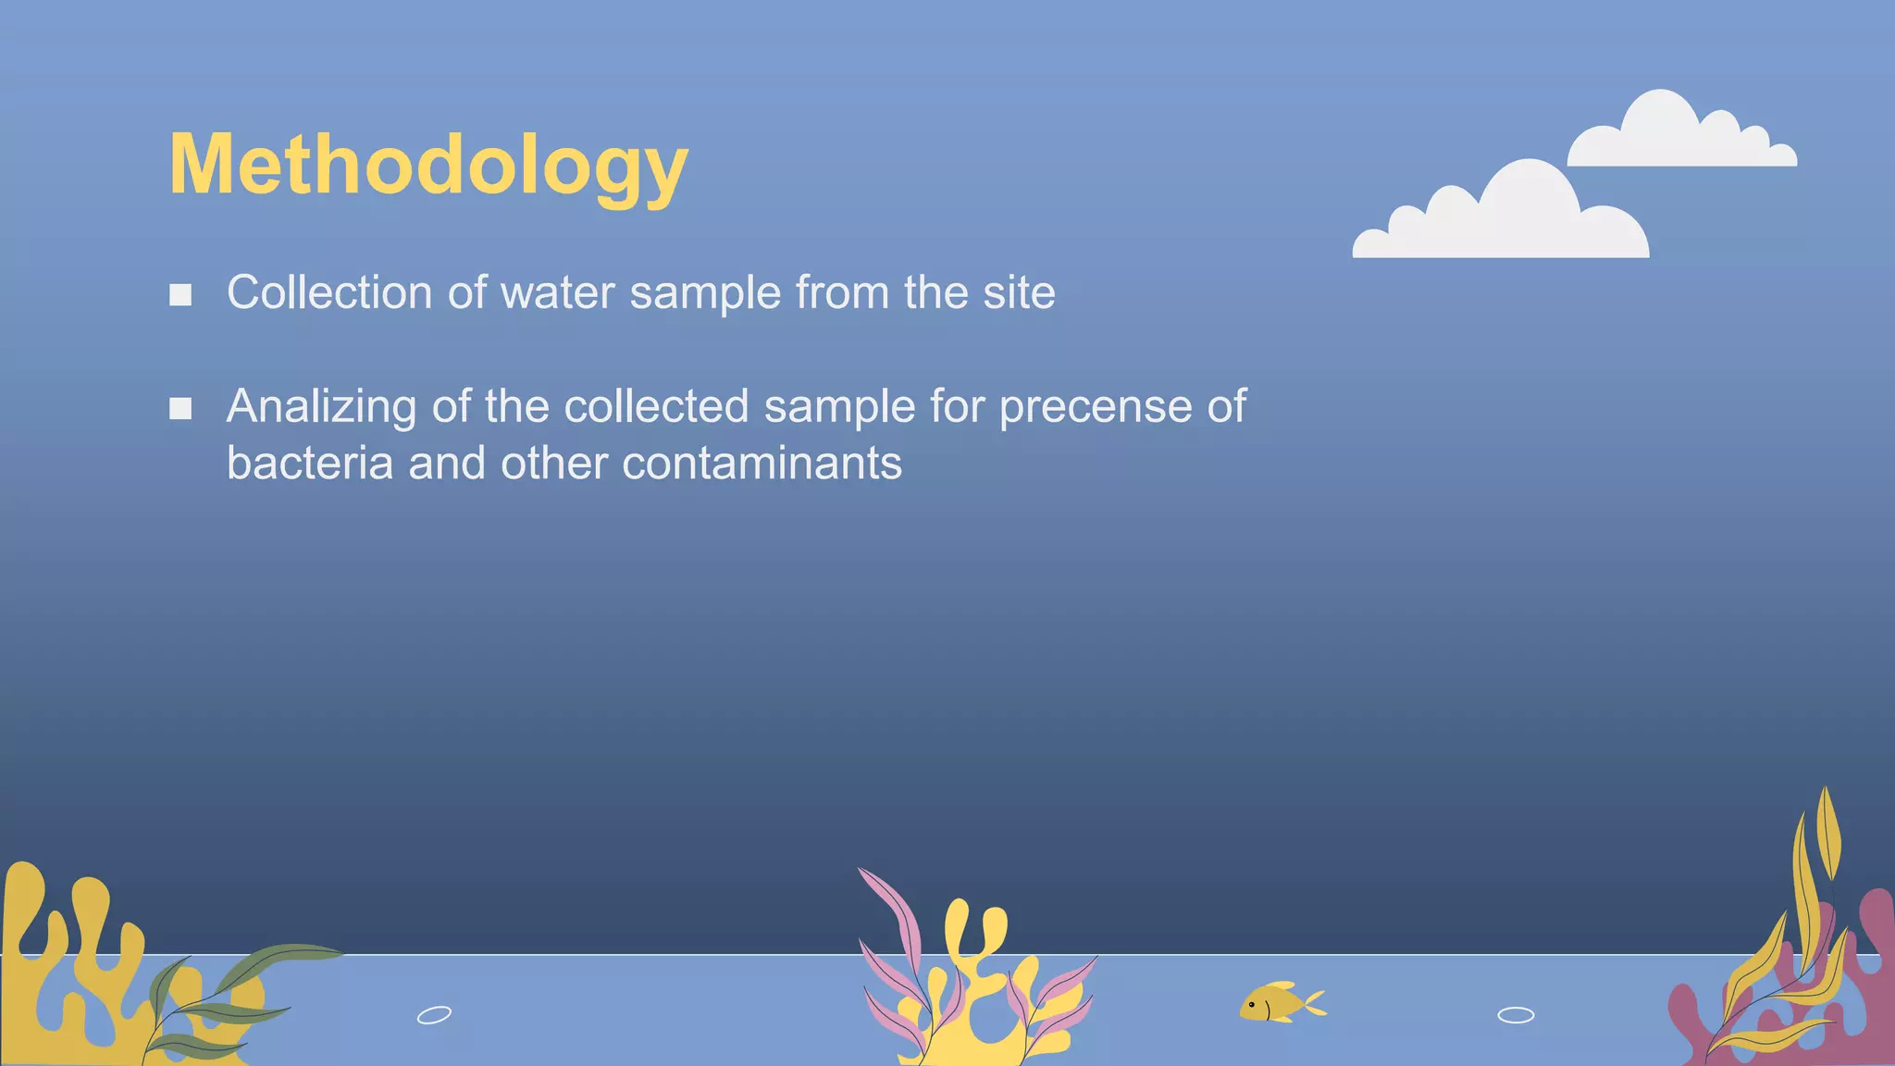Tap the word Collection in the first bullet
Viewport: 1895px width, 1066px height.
click(x=329, y=292)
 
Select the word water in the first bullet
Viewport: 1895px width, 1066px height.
click(x=557, y=292)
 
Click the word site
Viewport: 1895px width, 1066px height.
click(x=1019, y=292)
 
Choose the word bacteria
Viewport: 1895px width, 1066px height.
click(x=310, y=463)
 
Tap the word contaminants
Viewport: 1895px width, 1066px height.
click(x=762, y=463)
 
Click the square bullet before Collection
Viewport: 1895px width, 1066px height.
click(x=180, y=295)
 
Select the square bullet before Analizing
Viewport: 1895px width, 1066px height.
click(x=180, y=408)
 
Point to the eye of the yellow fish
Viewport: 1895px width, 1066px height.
click(x=1252, y=1003)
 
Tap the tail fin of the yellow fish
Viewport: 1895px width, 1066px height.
click(x=1314, y=1002)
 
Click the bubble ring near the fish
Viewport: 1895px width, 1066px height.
click(x=1516, y=1015)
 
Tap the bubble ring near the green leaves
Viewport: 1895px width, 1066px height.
click(x=434, y=1015)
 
